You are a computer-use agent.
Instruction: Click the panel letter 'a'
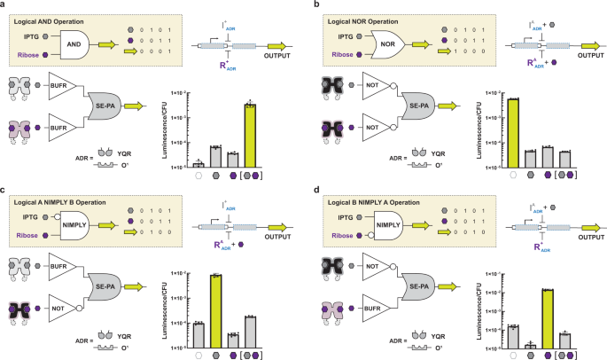(4, 5)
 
